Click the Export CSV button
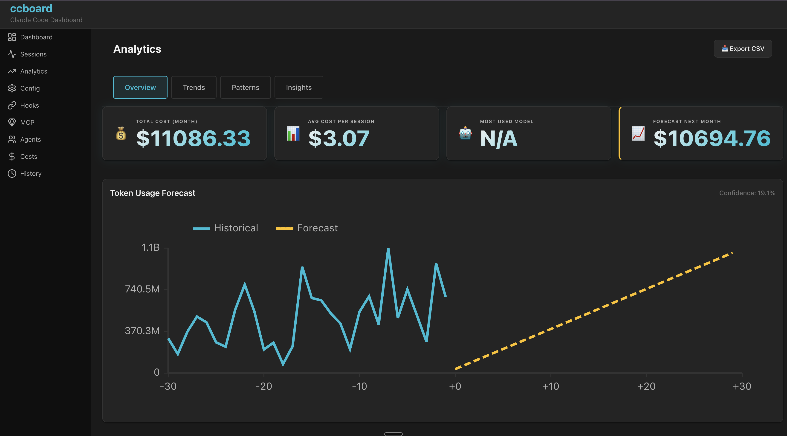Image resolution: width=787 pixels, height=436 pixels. click(743, 49)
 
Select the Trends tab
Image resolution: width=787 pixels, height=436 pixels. click(194, 88)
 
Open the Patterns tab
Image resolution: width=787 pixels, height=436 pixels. click(245, 88)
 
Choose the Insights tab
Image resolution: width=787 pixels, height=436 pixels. click(298, 88)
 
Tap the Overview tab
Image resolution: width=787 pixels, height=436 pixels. click(140, 88)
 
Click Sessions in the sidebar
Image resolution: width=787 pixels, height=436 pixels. click(33, 54)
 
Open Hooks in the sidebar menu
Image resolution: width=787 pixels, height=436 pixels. click(29, 105)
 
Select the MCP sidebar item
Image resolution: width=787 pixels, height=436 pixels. click(27, 122)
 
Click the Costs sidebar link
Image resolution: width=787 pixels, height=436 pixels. click(28, 156)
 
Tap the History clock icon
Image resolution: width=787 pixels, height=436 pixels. click(12, 174)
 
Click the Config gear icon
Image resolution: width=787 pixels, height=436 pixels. click(12, 88)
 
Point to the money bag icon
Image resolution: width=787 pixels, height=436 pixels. click(121, 134)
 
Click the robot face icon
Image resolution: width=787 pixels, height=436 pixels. click(465, 133)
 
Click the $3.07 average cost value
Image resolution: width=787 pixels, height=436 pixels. click(339, 138)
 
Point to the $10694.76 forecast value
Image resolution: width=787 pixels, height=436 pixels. click(712, 138)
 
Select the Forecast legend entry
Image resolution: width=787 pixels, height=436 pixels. click(307, 228)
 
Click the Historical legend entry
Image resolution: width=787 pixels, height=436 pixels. click(226, 228)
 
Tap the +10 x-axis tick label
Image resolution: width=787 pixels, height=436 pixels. click(550, 386)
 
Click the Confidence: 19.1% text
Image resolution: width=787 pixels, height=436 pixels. click(747, 193)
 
